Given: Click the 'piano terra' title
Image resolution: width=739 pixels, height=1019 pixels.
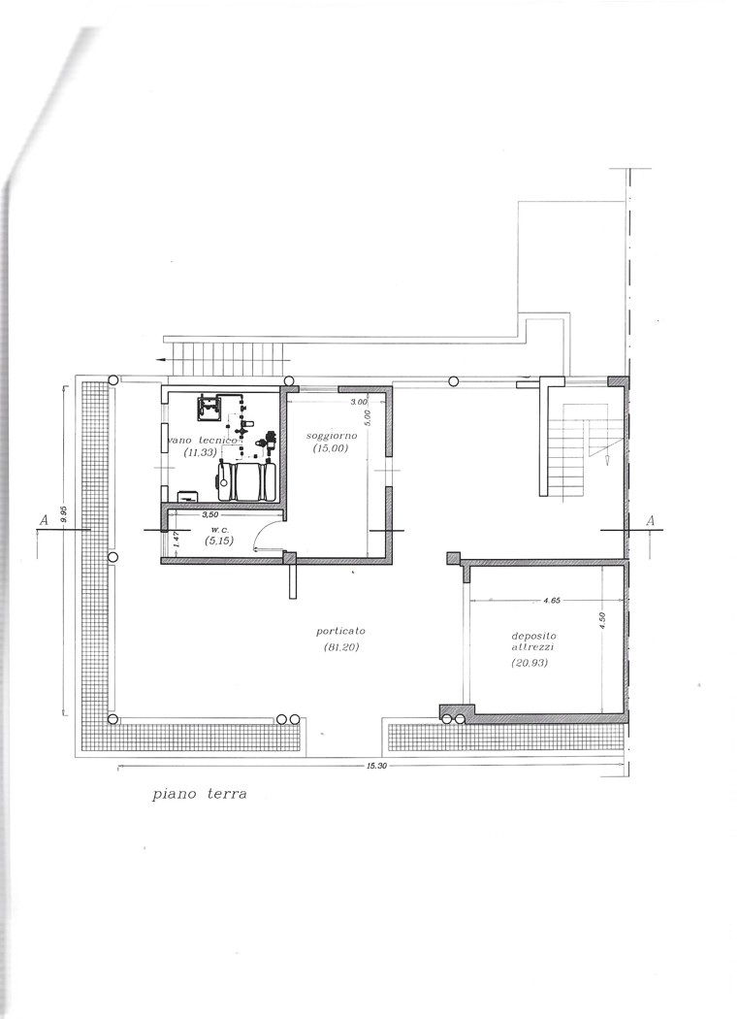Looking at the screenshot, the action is pyautogui.click(x=200, y=794).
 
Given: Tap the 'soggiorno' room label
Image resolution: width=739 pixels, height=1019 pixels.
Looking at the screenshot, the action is pyautogui.click(x=332, y=436).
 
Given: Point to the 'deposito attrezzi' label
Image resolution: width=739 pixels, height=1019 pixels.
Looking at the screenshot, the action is pyautogui.click(x=533, y=641).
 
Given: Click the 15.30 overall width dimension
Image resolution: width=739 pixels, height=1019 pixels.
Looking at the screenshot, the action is pyautogui.click(x=376, y=766).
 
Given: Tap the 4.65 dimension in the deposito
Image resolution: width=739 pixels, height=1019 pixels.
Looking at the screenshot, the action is pyautogui.click(x=551, y=601).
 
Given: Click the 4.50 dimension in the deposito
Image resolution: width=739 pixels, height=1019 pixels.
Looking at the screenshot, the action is pyautogui.click(x=602, y=618).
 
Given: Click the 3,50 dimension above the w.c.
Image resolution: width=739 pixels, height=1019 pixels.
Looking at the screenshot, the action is pyautogui.click(x=210, y=514).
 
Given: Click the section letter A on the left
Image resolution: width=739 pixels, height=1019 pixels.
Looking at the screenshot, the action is pyautogui.click(x=45, y=520).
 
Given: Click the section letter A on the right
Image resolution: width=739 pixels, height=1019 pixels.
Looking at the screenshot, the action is pyautogui.click(x=651, y=520).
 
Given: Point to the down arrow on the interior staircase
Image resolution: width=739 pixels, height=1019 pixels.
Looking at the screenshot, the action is pyautogui.click(x=606, y=460).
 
